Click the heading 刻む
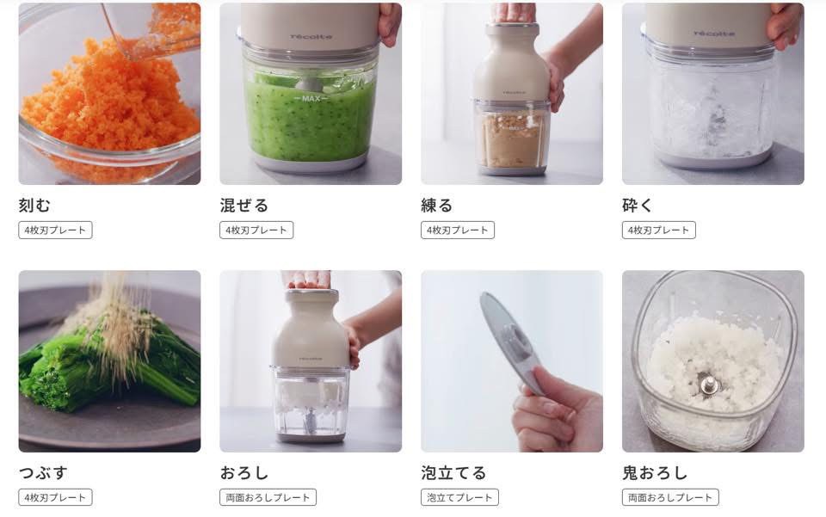pyautogui.click(x=34, y=205)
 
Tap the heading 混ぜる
pyautogui.click(x=243, y=205)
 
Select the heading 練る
pyautogui.click(x=437, y=205)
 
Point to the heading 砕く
pyautogui.click(x=638, y=205)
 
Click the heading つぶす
pyautogui.click(x=43, y=473)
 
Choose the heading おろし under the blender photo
pyautogui.click(x=243, y=473)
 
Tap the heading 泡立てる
pyautogui.click(x=453, y=473)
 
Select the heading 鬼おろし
pyautogui.click(x=655, y=473)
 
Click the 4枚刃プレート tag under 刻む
pyautogui.click(x=55, y=230)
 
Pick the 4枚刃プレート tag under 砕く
pyautogui.click(x=659, y=230)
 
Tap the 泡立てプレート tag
pyautogui.click(x=459, y=497)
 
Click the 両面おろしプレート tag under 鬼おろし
pyautogui.click(x=670, y=497)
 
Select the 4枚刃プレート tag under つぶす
pyautogui.click(x=55, y=497)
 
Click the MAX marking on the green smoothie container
pyautogui.click(x=311, y=98)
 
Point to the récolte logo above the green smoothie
pyautogui.click(x=311, y=37)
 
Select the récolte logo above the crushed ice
pyautogui.click(x=714, y=34)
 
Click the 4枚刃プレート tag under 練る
pyautogui.click(x=458, y=230)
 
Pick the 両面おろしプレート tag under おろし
pyautogui.click(x=268, y=497)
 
